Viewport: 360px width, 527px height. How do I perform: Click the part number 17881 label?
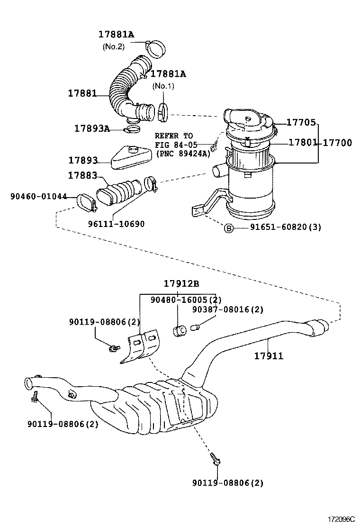(82, 94)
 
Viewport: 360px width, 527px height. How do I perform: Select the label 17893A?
(92, 128)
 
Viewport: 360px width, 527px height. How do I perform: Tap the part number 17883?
(82, 175)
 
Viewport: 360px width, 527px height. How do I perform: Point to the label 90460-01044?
(39, 196)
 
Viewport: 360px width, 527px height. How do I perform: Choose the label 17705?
(301, 123)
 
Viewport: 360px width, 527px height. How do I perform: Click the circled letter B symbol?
(228, 227)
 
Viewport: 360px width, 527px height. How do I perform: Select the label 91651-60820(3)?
(286, 227)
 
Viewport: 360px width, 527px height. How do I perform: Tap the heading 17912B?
(181, 284)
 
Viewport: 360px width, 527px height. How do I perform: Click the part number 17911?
(268, 355)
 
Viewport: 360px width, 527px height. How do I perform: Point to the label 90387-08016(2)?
(227, 309)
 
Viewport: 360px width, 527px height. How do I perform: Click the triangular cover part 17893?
(131, 157)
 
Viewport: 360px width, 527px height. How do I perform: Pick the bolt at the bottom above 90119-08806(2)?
(215, 458)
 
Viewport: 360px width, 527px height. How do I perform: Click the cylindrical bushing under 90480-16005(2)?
(180, 330)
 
